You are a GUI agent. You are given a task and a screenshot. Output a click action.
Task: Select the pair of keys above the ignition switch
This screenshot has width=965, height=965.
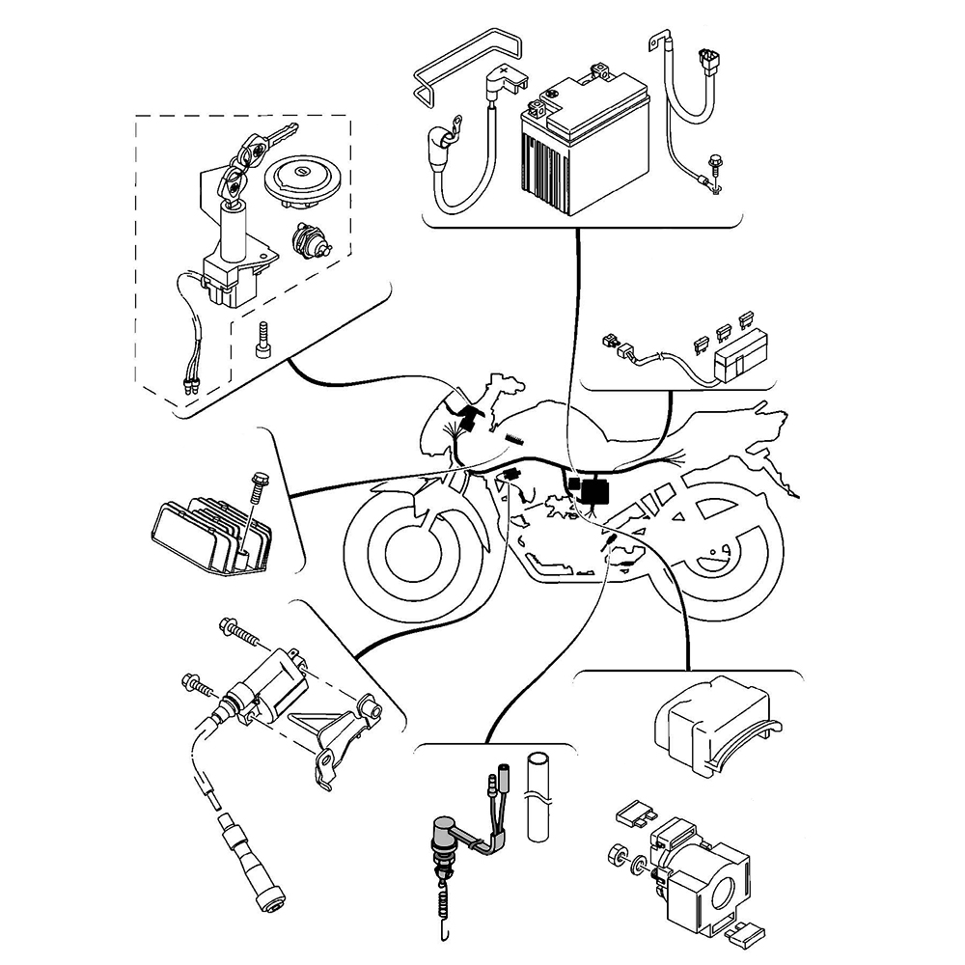pos(254,150)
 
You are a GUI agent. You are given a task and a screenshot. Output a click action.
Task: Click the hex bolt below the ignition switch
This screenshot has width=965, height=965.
pos(262,339)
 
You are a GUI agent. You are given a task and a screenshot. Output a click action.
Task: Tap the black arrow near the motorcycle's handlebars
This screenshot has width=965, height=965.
pos(467,416)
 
